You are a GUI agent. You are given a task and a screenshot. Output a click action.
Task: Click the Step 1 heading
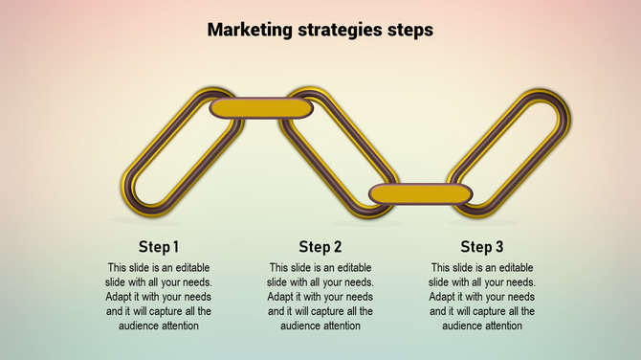159,247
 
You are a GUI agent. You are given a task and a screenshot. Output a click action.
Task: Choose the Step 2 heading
320,247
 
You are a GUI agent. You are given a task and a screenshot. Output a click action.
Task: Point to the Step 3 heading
482,247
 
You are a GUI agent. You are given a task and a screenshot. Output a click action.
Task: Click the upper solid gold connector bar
261,107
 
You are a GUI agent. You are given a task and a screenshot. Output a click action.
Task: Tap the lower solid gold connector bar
421,194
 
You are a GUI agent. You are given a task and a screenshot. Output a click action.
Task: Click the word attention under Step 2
340,326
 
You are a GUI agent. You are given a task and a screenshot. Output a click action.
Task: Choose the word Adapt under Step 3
443,297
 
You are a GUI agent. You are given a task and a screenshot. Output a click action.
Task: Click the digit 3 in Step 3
498,247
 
